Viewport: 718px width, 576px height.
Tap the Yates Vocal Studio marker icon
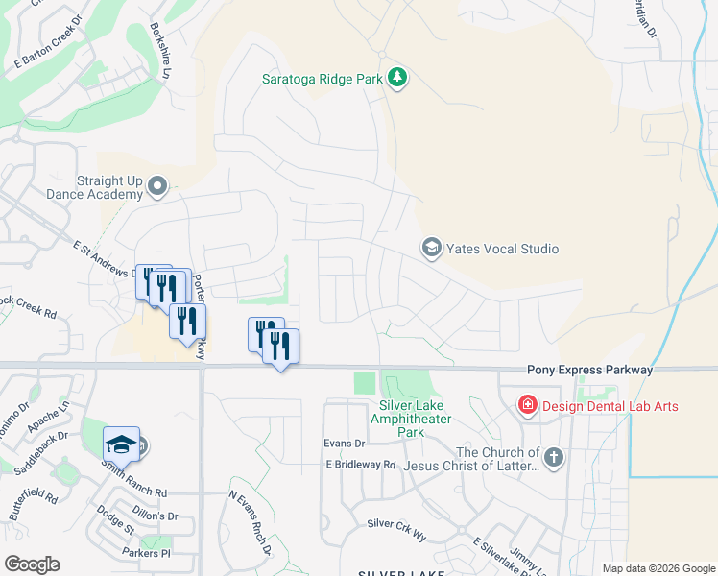click(431, 249)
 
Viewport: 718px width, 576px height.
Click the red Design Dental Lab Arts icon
click(526, 406)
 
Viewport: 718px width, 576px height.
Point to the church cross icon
click(553, 458)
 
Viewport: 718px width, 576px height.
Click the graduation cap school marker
click(122, 444)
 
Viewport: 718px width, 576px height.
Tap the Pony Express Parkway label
click(589, 370)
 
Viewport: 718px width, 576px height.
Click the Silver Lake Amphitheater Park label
click(411, 419)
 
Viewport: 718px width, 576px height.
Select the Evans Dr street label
click(345, 444)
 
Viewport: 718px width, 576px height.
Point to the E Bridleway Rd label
click(360, 465)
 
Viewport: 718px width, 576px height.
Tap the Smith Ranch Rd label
click(135, 491)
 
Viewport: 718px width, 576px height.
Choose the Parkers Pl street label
click(146, 553)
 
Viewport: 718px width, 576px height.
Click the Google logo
click(32, 564)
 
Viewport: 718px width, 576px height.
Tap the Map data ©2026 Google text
click(658, 568)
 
